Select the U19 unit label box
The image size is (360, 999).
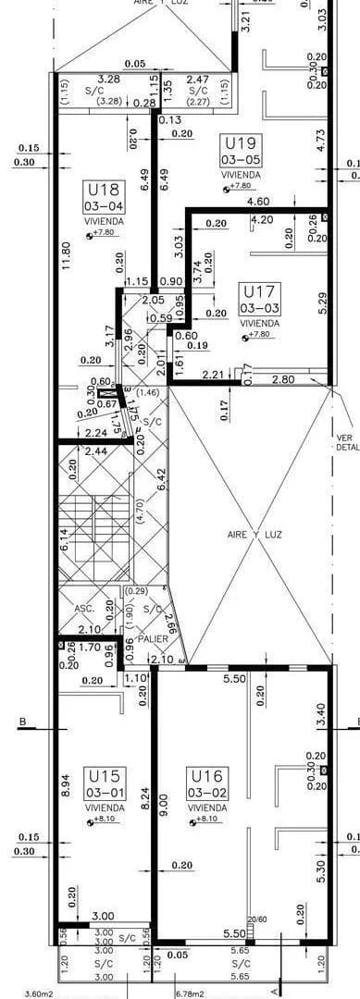point(241,150)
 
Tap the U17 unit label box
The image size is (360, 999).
point(259,298)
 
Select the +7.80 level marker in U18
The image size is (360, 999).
point(104,235)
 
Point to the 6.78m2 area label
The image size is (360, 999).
point(191,993)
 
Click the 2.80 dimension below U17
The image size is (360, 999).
point(283,379)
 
